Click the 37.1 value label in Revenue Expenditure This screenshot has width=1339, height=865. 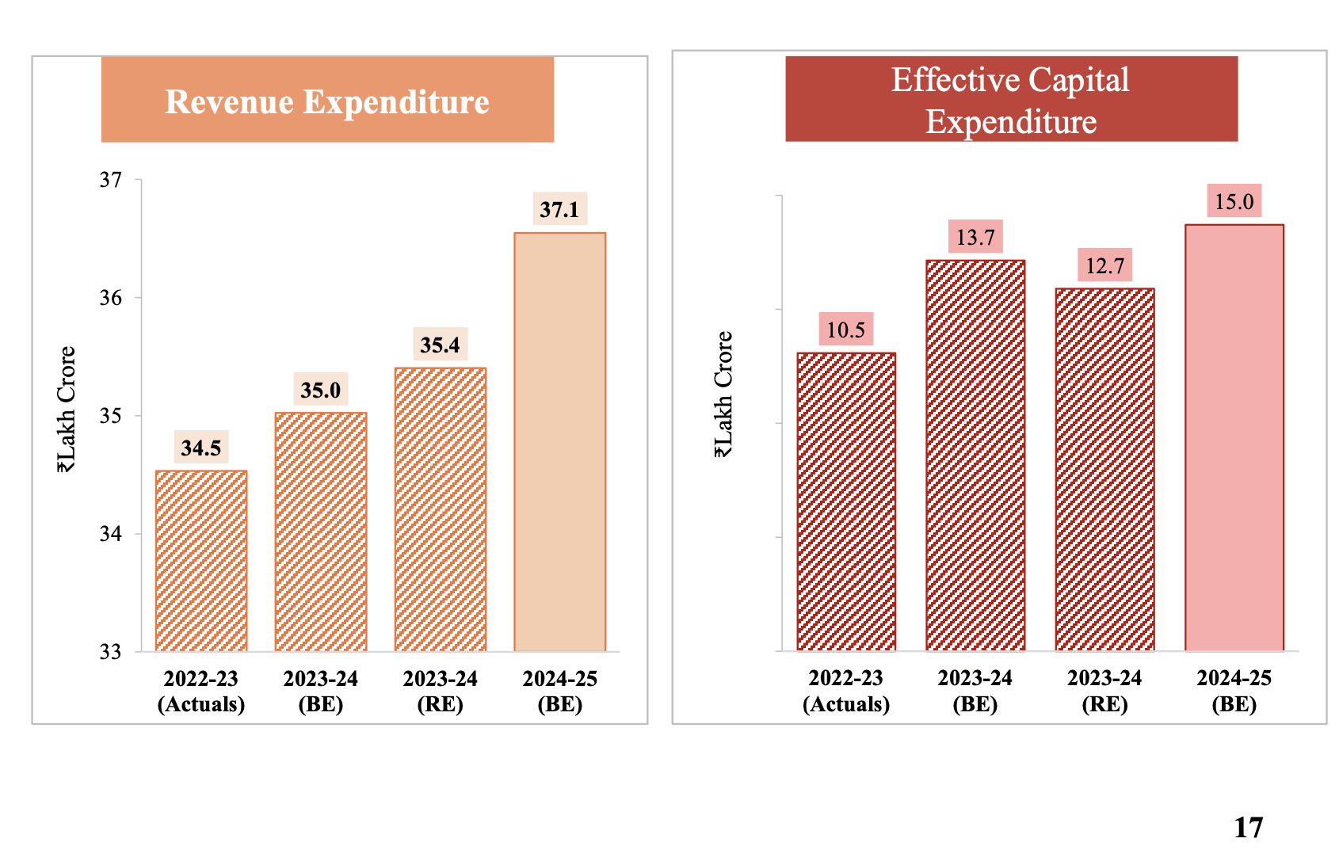[559, 209]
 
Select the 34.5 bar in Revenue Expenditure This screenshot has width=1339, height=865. [201, 561]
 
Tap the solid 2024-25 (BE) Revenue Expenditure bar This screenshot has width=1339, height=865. [559, 442]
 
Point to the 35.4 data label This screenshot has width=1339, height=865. [440, 345]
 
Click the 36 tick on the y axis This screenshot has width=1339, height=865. [111, 298]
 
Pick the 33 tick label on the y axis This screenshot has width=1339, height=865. [111, 652]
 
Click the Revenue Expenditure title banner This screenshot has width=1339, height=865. [327, 101]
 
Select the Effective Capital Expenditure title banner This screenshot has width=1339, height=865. [1011, 100]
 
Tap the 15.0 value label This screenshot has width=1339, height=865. [1234, 201]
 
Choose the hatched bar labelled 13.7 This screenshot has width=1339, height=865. [975, 455]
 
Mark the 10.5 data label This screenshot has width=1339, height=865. [845, 330]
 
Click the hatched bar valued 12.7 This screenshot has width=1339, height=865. [1104, 470]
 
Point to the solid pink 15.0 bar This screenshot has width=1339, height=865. [1234, 438]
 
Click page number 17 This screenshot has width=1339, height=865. [1248, 828]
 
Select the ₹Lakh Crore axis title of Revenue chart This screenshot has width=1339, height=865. [67, 410]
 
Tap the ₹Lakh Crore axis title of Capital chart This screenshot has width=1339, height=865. [723, 394]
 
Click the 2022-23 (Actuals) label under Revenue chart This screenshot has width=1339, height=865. [201, 692]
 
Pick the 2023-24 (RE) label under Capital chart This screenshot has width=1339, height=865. [1104, 691]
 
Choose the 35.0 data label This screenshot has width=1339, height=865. [320, 390]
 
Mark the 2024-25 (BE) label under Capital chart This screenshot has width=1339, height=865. [1234, 691]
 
